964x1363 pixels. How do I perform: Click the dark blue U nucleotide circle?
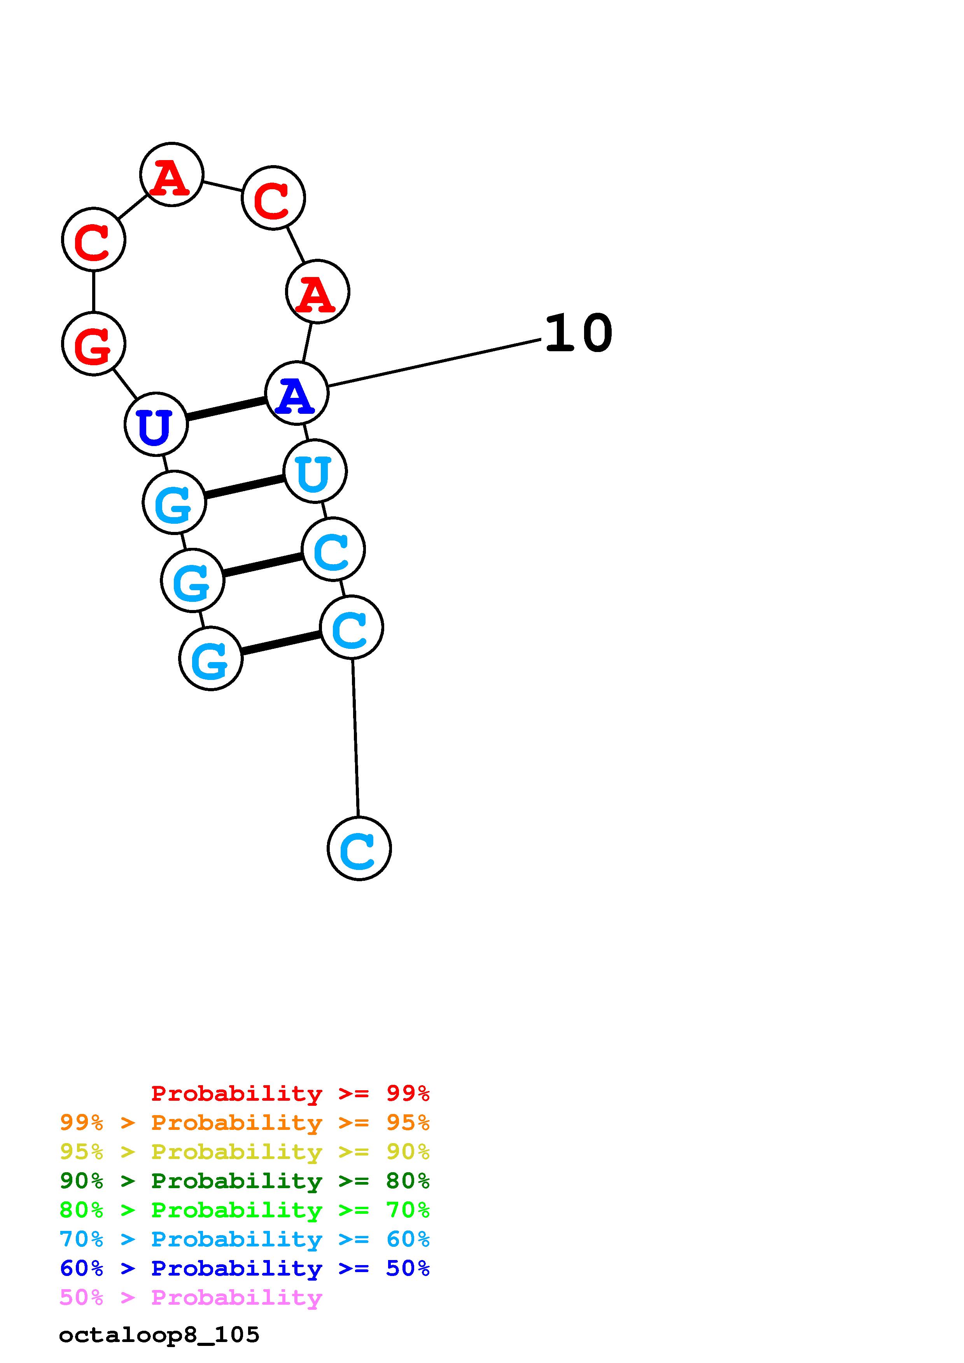[x=156, y=424]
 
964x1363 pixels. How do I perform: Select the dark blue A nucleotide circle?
[x=296, y=393]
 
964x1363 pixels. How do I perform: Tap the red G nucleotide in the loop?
[x=94, y=344]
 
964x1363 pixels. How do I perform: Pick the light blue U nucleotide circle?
[x=315, y=471]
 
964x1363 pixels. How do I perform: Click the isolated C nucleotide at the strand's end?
[x=359, y=848]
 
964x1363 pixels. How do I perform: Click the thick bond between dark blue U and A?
[x=226, y=409]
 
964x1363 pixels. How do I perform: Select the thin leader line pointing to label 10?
[x=434, y=363]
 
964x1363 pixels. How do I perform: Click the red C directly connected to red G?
[x=94, y=239]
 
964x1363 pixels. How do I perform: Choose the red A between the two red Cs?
[x=171, y=174]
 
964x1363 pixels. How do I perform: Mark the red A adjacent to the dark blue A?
[x=317, y=291]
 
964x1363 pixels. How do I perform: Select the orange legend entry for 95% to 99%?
[x=244, y=1122]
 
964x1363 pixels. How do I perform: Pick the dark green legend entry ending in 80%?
[x=244, y=1181]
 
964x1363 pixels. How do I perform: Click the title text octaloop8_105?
[x=159, y=1335]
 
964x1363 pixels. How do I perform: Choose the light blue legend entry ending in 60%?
[x=244, y=1239]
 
